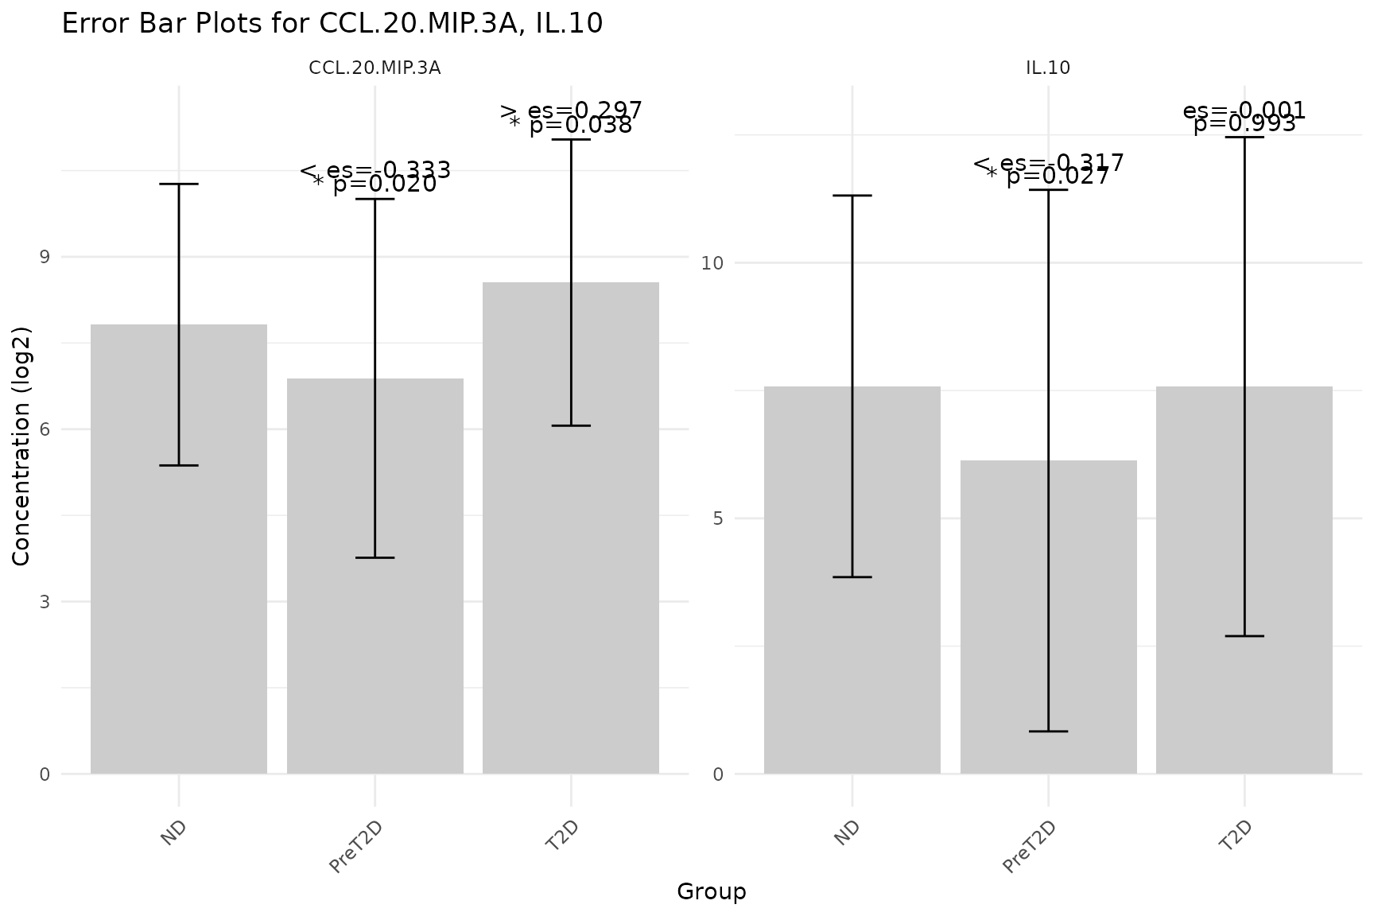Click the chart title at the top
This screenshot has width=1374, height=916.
(x=332, y=24)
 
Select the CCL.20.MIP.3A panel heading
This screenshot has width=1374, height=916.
(x=375, y=68)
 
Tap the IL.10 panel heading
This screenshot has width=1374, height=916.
(x=1048, y=68)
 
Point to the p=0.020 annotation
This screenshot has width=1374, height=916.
(x=384, y=184)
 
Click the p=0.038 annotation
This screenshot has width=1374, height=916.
(x=580, y=126)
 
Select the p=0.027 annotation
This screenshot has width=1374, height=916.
(x=1058, y=177)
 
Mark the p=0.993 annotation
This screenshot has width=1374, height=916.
(x=1244, y=124)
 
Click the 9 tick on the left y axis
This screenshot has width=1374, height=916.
(x=45, y=257)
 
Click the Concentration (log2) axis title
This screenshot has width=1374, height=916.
(x=21, y=445)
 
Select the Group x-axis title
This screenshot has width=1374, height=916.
(x=712, y=892)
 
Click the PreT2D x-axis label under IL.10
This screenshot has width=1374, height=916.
(x=1030, y=847)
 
